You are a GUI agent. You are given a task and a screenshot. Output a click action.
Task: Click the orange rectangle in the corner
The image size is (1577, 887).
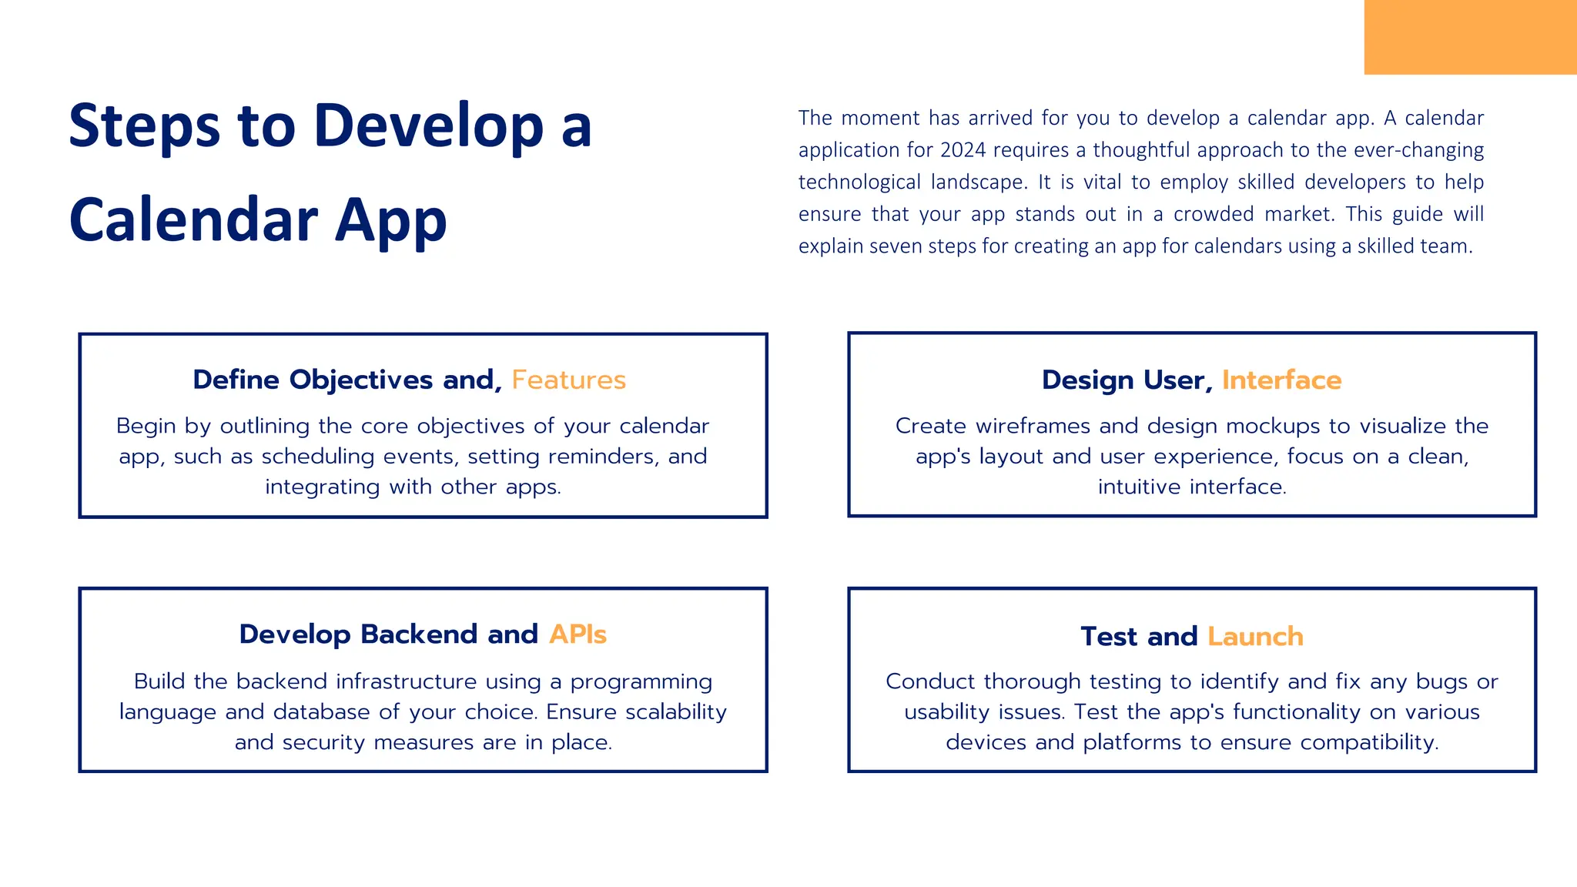[x=1469, y=37]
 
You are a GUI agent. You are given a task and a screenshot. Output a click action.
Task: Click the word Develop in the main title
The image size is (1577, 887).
[x=429, y=126]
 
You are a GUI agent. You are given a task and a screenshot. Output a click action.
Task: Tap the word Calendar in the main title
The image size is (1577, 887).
[x=193, y=220]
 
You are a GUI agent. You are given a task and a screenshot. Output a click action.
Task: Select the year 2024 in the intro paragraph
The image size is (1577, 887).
[x=963, y=150]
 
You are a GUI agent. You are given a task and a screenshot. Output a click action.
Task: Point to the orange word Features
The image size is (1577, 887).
[x=568, y=380]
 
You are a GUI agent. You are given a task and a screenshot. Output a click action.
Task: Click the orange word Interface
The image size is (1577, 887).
[x=1281, y=380]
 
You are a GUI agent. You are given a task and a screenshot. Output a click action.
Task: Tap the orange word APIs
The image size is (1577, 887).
[x=578, y=634]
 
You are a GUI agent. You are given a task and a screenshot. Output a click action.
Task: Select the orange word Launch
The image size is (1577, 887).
[x=1255, y=637]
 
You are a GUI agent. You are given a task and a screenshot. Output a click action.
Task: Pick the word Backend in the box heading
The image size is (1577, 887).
[x=420, y=634]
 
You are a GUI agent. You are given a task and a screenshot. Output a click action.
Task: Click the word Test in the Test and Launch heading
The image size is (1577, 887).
[x=1109, y=637]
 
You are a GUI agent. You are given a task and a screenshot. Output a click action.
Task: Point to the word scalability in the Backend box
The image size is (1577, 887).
[x=676, y=712]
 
